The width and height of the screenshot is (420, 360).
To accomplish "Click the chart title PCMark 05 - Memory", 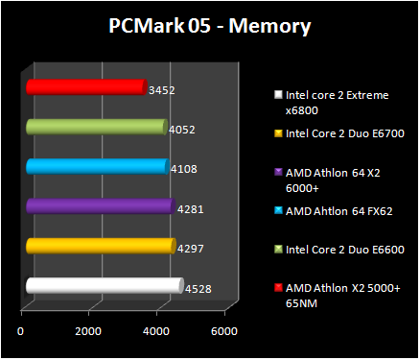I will [209, 26].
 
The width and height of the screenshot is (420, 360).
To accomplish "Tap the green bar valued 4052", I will [95, 127].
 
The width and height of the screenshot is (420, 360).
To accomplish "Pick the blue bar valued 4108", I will [96, 166].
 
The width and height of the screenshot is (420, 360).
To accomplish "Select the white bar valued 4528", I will [103, 285].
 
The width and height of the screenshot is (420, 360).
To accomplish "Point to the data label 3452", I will [162, 90].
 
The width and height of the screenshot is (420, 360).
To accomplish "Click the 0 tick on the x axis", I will [21, 331].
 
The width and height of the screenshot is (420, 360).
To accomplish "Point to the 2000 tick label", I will [88, 331].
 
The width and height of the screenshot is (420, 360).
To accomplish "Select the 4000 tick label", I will [156, 331].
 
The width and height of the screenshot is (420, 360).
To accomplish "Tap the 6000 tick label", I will [223, 331].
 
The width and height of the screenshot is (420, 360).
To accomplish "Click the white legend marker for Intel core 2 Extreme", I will [278, 95].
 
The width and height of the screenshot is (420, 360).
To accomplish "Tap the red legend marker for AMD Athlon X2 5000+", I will [278, 287].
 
